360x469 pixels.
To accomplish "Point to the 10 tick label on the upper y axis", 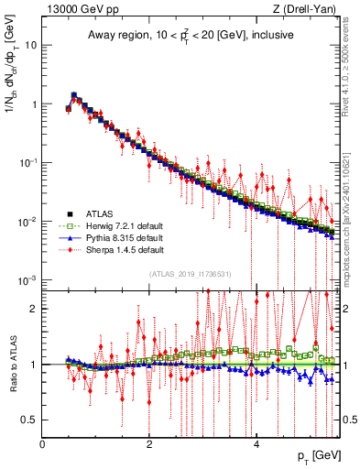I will pos(30,45).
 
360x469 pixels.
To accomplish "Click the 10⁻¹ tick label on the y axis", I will pos(27,162).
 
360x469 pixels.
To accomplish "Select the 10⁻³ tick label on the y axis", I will pos(27,279).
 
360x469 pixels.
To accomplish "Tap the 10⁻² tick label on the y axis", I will pos(27,221).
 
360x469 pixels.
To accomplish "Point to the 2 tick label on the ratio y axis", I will pos(33,309).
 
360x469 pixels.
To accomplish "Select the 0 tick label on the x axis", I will pos(42,443).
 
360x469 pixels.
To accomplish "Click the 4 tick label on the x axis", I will pos(256,443).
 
